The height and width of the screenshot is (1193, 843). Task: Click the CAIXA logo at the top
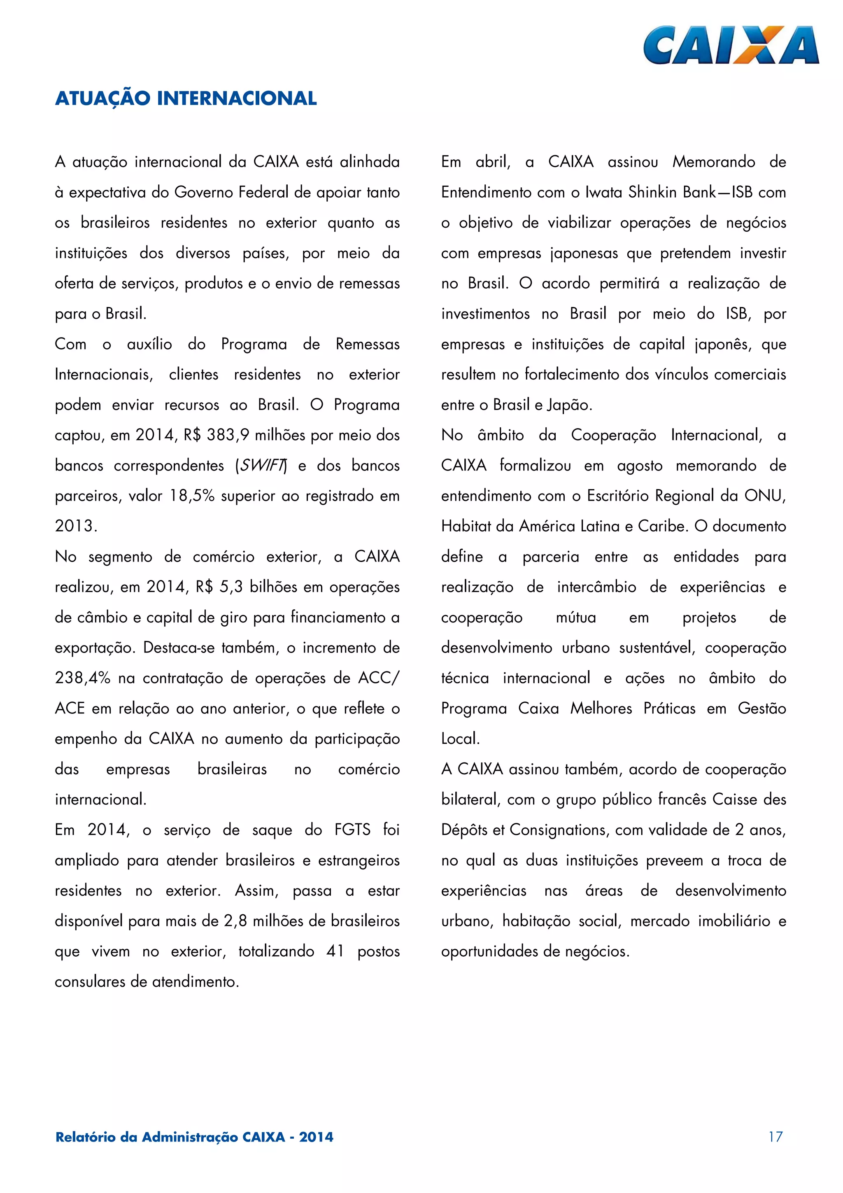(x=731, y=46)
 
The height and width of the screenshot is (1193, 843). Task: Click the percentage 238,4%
(x=83, y=678)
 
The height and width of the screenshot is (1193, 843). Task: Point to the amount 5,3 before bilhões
(x=231, y=587)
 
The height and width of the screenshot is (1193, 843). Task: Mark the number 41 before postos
(x=335, y=951)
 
